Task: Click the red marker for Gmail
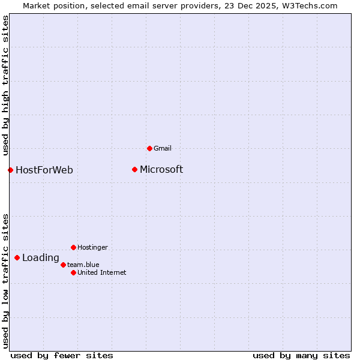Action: tap(149, 148)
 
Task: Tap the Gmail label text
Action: tap(163, 149)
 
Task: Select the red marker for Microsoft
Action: tap(134, 169)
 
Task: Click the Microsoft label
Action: tap(161, 170)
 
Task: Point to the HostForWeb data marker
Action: tap(10, 170)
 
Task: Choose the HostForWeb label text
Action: tap(44, 170)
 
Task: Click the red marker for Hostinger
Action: tap(73, 247)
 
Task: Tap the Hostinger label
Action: tap(92, 247)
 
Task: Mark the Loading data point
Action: tap(17, 257)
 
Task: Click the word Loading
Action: tap(41, 258)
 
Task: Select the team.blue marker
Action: tap(63, 265)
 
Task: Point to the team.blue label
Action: tap(83, 265)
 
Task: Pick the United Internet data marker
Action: tap(73, 272)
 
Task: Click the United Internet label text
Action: tap(102, 272)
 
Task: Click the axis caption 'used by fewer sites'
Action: tap(62, 355)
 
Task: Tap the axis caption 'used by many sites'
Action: tap(301, 355)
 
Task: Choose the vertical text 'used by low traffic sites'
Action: tap(6, 281)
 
